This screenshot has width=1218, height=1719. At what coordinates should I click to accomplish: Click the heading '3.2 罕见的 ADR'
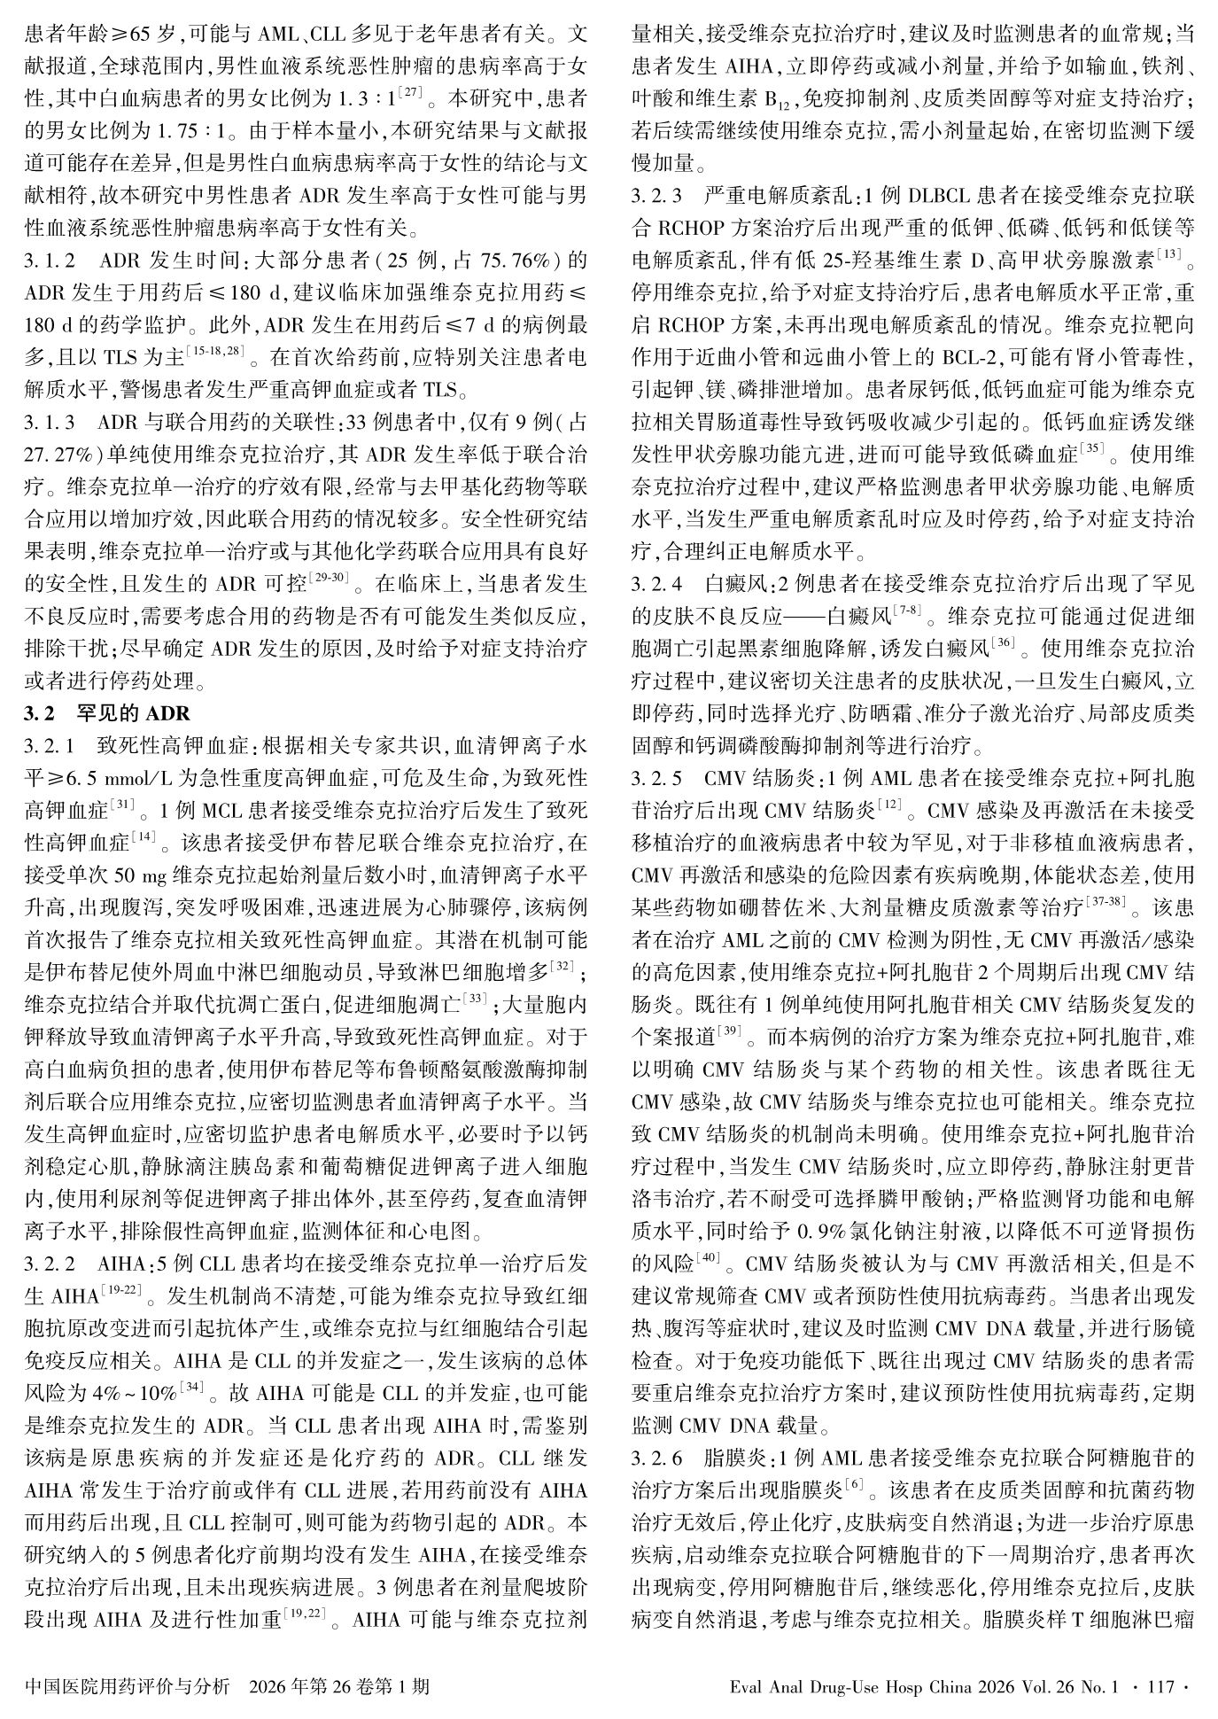point(107,712)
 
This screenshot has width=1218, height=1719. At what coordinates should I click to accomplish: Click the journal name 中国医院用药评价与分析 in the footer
point(128,1685)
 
